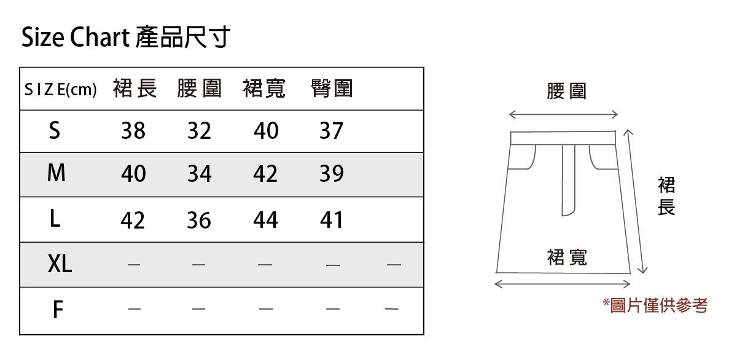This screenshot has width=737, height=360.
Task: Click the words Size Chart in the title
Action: click(74, 38)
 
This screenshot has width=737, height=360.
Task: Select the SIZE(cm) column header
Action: click(61, 90)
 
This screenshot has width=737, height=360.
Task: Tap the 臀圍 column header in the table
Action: click(332, 89)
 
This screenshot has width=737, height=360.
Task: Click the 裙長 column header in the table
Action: click(135, 89)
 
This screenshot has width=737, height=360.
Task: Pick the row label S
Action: click(55, 130)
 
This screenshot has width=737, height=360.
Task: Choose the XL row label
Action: click(60, 264)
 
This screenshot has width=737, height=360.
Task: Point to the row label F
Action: click(58, 310)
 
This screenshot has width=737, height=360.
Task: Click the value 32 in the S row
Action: click(199, 131)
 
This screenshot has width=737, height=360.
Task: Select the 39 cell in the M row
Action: click(332, 174)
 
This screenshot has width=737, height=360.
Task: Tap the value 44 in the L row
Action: click(265, 220)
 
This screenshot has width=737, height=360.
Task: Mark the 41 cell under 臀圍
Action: click(332, 220)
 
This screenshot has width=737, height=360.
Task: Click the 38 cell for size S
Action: click(133, 131)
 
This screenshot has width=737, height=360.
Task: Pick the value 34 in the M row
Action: click(199, 174)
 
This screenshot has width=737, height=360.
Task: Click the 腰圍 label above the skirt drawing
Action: click(566, 91)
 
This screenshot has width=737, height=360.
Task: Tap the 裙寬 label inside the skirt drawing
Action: click(566, 257)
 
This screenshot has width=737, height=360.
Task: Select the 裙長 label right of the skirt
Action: click(666, 197)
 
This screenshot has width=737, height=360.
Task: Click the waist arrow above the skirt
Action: click(563, 115)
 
